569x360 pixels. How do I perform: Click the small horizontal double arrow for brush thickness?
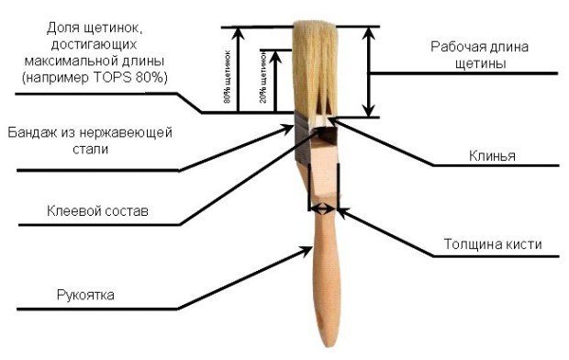pyautogui.click(x=324, y=209)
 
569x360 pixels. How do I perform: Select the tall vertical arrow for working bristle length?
pyautogui.click(x=371, y=72)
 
